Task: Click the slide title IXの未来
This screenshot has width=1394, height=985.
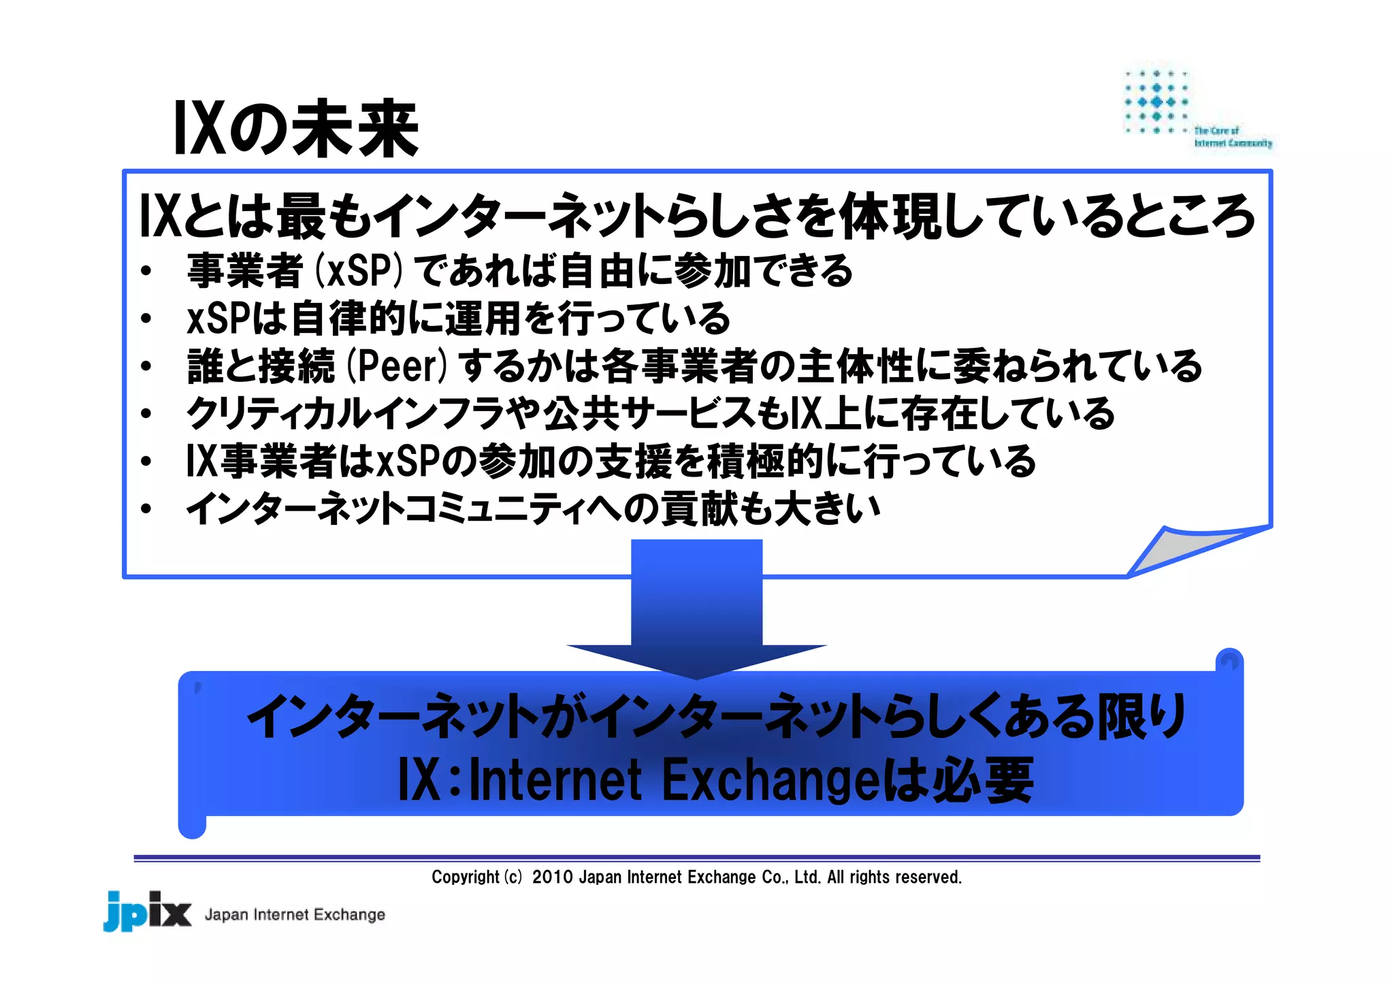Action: pos(296,129)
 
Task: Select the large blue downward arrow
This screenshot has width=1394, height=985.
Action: pos(696,606)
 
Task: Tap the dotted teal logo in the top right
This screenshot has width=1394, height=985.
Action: pos(1156,102)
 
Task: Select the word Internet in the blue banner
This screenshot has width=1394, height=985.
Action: pos(555,780)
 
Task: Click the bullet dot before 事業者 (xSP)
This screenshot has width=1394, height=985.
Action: pos(146,272)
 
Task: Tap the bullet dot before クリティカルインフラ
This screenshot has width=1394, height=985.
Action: pos(146,415)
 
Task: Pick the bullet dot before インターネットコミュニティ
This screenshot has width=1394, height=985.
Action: pos(146,509)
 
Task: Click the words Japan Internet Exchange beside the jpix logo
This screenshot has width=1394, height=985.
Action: pos(295,914)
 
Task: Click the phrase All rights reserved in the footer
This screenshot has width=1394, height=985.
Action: pos(894,877)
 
